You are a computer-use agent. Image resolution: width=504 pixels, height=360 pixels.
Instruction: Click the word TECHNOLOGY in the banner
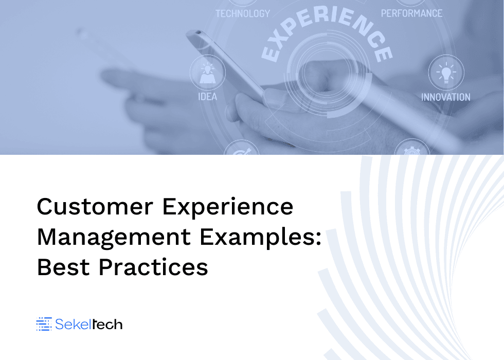pyautogui.click(x=243, y=13)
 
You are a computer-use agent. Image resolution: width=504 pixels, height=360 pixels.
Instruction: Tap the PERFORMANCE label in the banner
pyautogui.click(x=412, y=13)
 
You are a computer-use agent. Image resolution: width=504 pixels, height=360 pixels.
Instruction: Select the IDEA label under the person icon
pyautogui.click(x=208, y=97)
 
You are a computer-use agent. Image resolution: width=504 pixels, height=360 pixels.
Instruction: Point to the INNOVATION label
pyautogui.click(x=446, y=97)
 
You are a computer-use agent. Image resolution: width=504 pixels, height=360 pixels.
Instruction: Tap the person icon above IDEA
pyautogui.click(x=207, y=74)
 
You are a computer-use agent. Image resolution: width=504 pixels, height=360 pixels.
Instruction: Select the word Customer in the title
pyautogui.click(x=95, y=206)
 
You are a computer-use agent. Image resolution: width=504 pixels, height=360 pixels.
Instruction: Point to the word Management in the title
pyautogui.click(x=114, y=238)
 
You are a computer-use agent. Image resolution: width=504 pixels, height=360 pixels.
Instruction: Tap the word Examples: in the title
pyautogui.click(x=260, y=238)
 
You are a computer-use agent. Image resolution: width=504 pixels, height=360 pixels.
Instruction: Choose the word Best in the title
pyautogui.click(x=63, y=267)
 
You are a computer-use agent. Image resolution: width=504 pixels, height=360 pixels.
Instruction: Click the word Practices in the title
pyautogui.click(x=153, y=267)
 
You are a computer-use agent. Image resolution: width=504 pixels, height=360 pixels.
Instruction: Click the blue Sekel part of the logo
pyautogui.click(x=73, y=324)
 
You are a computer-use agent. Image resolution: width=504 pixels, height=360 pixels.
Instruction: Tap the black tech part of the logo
pyautogui.click(x=107, y=325)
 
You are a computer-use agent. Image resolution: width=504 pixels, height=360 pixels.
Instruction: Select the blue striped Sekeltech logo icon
pyautogui.click(x=44, y=323)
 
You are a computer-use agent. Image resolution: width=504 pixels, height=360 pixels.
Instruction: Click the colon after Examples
pyautogui.click(x=318, y=239)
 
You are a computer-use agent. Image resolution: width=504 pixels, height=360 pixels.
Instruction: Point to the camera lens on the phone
pyautogui.click(x=199, y=32)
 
